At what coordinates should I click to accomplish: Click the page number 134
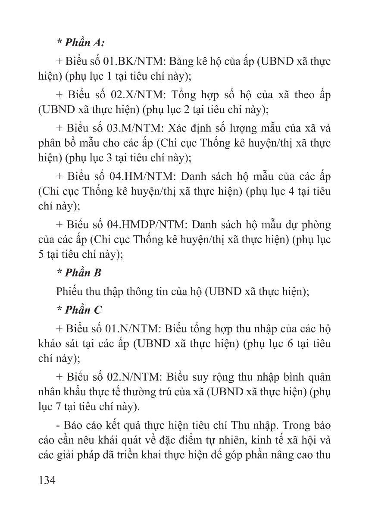coord(47,480)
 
